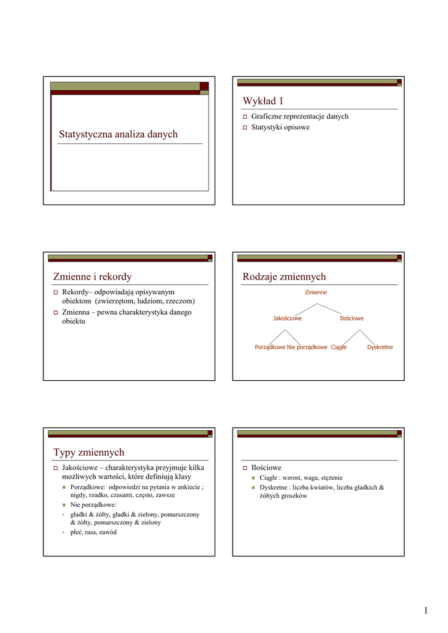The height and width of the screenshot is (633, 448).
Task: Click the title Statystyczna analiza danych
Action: pos(118,134)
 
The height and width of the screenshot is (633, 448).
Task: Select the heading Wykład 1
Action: pos(263,101)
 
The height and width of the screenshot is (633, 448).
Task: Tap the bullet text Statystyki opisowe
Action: pos(280,127)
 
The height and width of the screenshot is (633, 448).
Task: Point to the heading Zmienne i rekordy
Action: pos(93,276)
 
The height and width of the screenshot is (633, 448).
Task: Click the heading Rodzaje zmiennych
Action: pos(284,276)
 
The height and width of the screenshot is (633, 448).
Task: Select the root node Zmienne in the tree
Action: pos(316,292)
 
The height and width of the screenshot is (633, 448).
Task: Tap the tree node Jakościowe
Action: pos(287,318)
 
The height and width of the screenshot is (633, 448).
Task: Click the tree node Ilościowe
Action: pos(351,318)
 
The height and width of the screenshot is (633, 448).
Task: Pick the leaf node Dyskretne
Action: pos(379,347)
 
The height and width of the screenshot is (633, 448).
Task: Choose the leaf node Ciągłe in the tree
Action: pos(338,347)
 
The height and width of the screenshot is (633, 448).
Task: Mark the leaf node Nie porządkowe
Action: pos(307,347)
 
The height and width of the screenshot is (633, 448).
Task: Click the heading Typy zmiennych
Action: pos(89,452)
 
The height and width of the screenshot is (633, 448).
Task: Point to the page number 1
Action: pos(426,611)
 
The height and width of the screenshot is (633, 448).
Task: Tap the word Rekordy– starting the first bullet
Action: pos(77,292)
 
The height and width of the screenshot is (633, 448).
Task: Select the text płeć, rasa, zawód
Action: pos(93,532)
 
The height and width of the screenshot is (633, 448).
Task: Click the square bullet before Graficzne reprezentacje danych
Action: pos(244,117)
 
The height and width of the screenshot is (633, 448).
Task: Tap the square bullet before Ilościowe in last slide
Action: pos(244,469)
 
